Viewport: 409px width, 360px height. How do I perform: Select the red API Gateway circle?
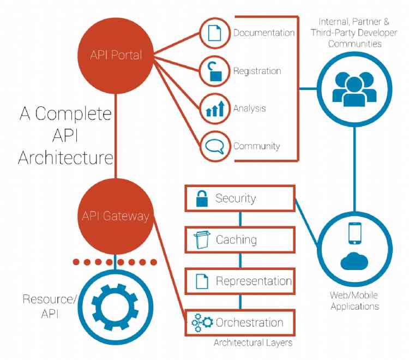[116, 216]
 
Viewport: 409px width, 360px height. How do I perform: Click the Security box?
[239, 198]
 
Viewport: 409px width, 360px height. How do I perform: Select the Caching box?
[239, 239]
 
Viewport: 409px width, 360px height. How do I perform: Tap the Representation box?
[239, 281]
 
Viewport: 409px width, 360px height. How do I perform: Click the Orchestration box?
[239, 323]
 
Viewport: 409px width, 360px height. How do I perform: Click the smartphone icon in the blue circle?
[354, 233]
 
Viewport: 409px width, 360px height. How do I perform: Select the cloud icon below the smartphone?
[354, 261]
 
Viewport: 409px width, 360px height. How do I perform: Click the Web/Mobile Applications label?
[354, 301]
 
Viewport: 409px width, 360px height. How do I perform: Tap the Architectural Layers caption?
[252, 343]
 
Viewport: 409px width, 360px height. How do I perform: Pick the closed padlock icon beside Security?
[201, 199]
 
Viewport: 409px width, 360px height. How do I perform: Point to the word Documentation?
[264, 33]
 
